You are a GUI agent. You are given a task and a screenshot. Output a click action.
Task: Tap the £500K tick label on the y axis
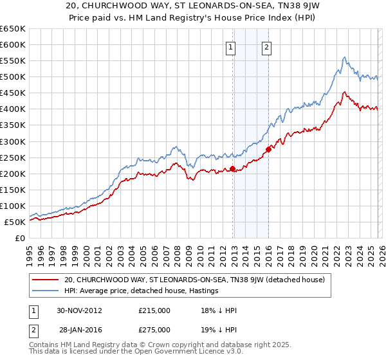click(13, 77)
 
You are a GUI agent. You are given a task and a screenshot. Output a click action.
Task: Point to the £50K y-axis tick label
click(15, 222)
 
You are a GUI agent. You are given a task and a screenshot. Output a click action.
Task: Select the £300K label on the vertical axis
click(13, 141)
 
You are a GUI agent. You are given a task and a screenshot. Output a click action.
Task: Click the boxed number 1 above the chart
click(230, 46)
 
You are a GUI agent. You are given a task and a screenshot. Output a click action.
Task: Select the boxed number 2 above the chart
click(266, 46)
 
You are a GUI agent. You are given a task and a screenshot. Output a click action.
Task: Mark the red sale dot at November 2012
click(233, 169)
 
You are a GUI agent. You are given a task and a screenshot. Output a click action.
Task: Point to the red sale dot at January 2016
click(268, 149)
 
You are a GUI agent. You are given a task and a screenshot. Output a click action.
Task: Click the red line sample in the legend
click(46, 280)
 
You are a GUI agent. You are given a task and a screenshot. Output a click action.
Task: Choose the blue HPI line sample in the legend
click(46, 291)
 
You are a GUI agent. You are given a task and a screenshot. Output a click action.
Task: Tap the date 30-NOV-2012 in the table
click(80, 310)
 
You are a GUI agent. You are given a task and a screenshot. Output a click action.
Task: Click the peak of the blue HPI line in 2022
click(345, 57)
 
